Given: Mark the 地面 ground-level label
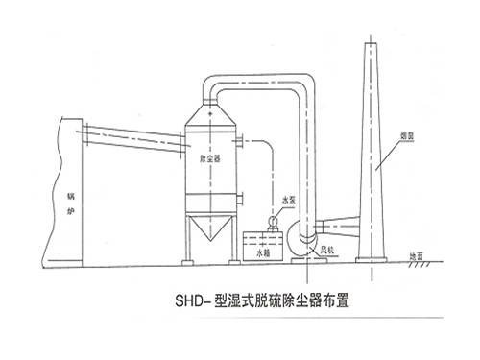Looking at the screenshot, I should click(414, 255).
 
